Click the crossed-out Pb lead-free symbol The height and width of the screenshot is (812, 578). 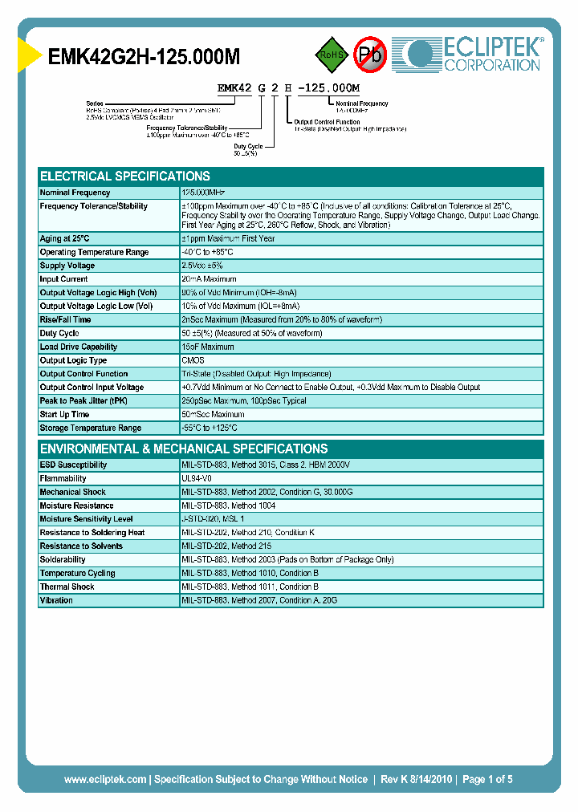370,55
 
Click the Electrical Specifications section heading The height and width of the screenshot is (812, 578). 125,176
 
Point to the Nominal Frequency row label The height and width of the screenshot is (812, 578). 75,193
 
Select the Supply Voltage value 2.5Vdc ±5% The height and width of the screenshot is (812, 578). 202,266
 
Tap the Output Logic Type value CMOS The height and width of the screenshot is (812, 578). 193,361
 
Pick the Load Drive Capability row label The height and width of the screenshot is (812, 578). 79,347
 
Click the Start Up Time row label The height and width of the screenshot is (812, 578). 64,415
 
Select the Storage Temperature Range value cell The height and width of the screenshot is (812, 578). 210,428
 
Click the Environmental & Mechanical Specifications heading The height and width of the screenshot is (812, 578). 184,449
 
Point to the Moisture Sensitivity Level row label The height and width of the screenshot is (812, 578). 86,519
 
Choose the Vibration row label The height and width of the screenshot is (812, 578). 56,601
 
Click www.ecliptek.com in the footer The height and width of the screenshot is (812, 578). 105,779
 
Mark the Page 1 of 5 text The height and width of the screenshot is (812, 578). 487,779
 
